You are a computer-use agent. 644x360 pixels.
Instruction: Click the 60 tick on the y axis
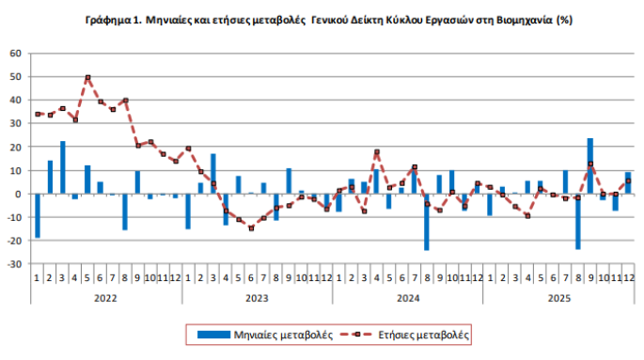pos(16,53)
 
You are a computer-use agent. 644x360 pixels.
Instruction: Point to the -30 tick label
pos(15,265)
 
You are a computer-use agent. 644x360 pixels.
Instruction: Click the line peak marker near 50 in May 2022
pos(87,78)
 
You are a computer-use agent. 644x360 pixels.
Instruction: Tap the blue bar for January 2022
pos(38,216)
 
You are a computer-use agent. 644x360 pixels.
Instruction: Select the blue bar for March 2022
pos(63,168)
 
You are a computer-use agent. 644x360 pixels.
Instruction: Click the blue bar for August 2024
pos(427,222)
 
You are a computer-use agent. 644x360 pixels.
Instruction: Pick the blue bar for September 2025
pos(590,166)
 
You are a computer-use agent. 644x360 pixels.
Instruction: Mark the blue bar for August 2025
pos(577,222)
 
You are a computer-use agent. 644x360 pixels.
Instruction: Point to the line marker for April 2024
pos(376,151)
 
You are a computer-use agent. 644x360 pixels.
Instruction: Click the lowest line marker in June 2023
pos(251,228)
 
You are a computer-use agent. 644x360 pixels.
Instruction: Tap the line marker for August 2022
pos(125,101)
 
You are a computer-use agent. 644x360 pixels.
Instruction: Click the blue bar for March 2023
pos(213,174)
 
